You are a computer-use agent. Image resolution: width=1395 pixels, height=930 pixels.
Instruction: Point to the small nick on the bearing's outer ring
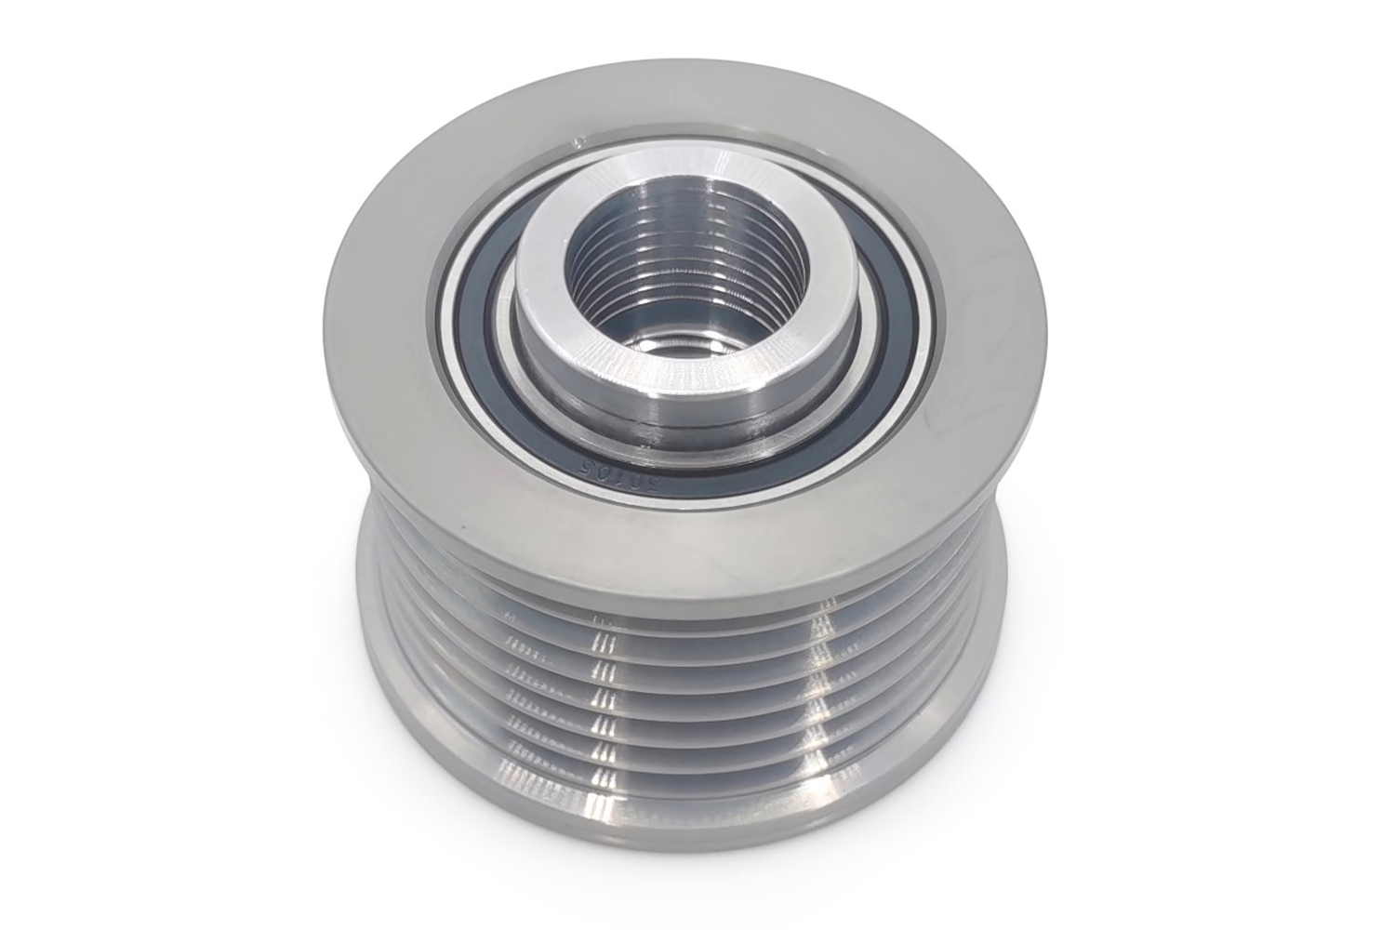[578, 142]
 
